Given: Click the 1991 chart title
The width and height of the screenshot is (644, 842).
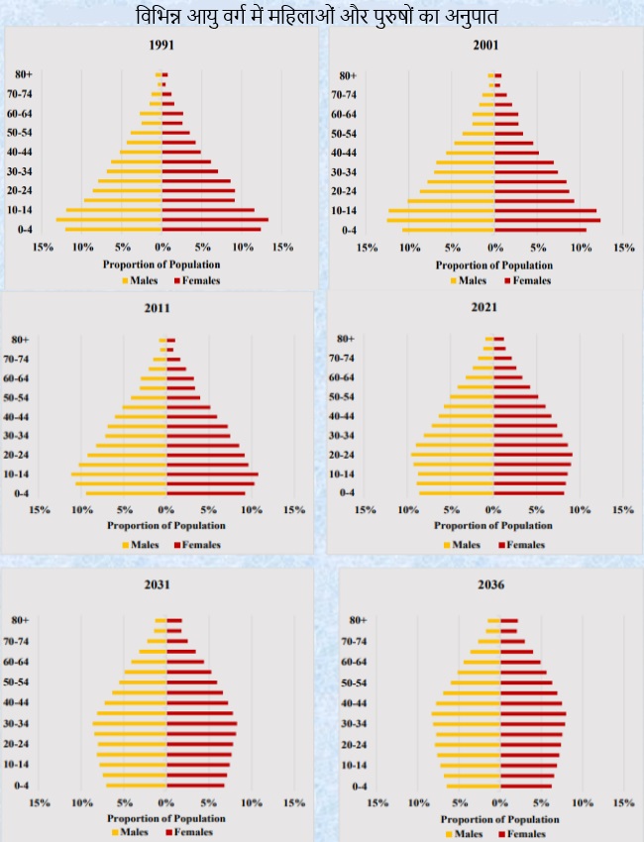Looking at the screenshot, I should [161, 46].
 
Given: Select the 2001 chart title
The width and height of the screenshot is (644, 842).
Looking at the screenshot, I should [485, 46].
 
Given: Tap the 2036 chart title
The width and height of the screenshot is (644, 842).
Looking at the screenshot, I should [490, 585].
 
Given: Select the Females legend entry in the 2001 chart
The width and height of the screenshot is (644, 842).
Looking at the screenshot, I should [528, 280].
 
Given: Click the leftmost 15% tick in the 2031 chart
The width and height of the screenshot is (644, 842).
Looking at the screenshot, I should [41, 803].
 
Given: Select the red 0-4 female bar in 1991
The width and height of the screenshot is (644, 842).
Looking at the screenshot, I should [211, 230].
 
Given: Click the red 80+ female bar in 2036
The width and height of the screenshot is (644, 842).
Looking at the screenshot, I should [508, 621].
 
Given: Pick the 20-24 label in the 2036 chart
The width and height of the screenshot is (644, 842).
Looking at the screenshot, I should [360, 745].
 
